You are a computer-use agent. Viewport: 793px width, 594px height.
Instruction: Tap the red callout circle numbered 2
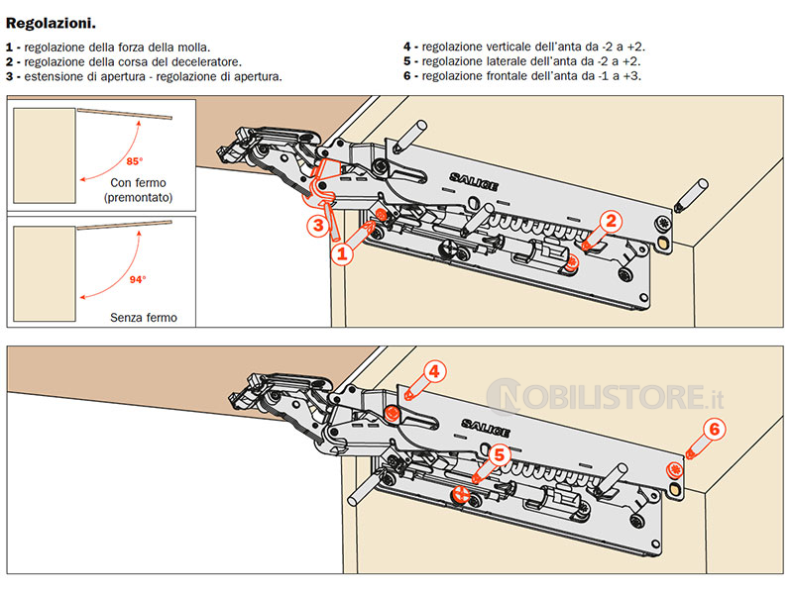tap(612, 222)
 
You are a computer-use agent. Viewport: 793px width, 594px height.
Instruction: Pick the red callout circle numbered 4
tap(437, 372)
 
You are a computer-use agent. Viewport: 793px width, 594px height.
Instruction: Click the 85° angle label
tap(135, 160)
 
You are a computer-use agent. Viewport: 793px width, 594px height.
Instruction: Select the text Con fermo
tap(139, 183)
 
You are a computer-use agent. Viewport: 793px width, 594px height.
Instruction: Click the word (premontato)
tap(138, 199)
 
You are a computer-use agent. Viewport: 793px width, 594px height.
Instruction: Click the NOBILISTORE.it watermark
tap(616, 398)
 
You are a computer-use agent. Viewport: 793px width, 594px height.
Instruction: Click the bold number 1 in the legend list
tap(9, 47)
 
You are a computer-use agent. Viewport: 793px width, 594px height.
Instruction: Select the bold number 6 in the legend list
tap(406, 75)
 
